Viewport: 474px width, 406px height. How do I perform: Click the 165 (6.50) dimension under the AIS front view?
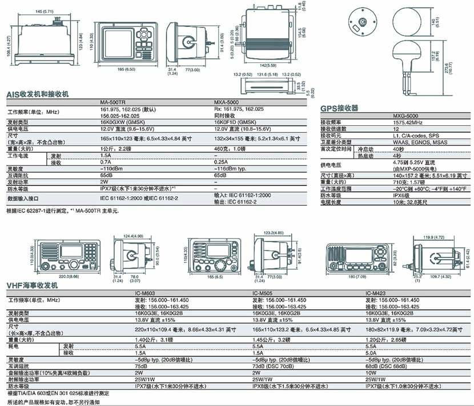[126, 69]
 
